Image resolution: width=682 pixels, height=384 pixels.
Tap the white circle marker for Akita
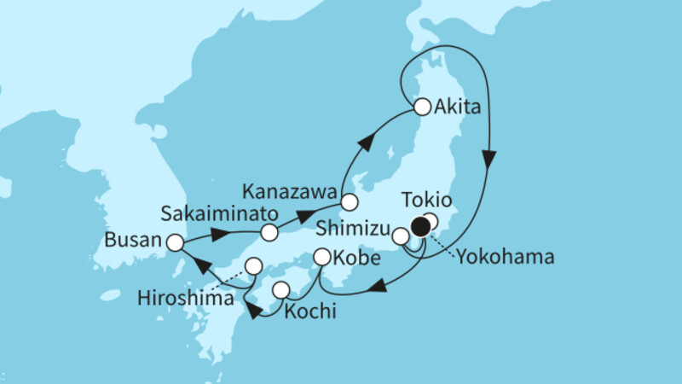422,108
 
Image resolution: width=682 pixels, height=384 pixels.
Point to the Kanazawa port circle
350,202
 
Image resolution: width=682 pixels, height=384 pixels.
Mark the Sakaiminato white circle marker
269,232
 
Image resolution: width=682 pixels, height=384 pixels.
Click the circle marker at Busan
175,243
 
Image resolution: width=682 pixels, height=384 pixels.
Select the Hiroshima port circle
253,265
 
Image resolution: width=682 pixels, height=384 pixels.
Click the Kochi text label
309,311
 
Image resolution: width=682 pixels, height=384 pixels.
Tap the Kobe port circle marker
322,256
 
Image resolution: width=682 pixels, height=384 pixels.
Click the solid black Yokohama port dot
420,226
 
